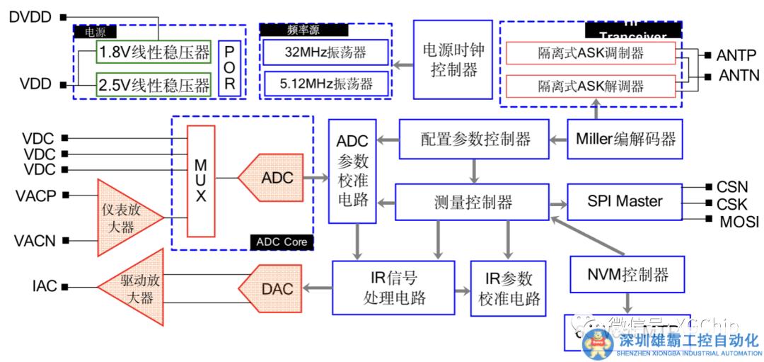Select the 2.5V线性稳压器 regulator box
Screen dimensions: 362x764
[x=154, y=85]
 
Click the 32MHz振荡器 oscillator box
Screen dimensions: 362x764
[x=326, y=52]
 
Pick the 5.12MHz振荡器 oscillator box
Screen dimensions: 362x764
[x=326, y=84]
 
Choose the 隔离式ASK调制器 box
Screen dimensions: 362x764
[x=591, y=53]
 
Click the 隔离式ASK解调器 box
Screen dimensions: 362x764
[x=591, y=86]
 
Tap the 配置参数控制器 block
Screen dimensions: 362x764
[x=475, y=139]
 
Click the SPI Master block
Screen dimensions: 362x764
[x=625, y=201]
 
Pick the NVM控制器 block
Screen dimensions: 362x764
[x=627, y=273]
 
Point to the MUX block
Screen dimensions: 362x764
[x=201, y=181]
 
